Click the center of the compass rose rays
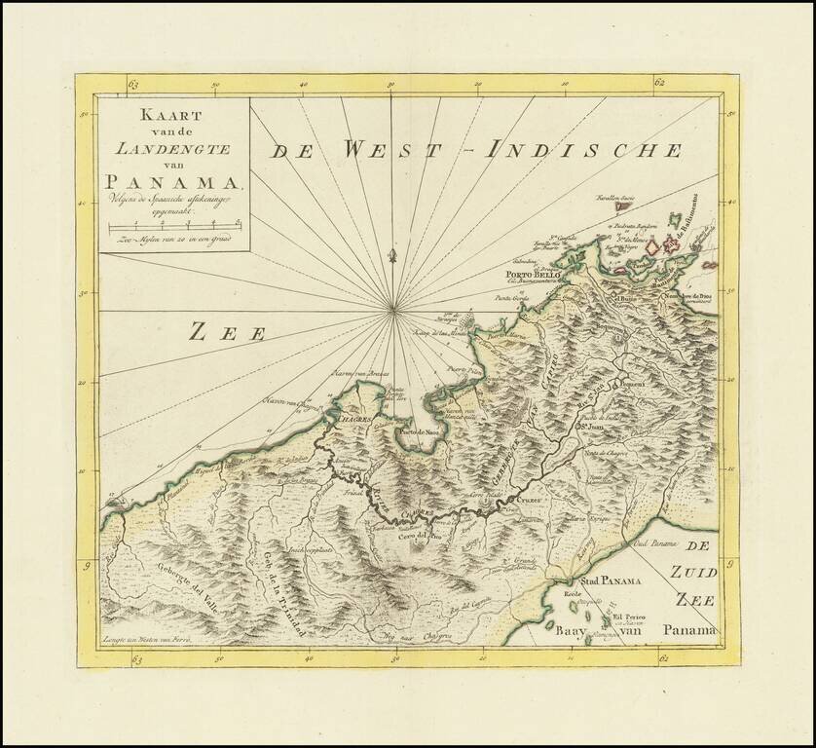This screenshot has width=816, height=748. point(393,310)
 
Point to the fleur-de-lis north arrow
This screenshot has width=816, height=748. point(392,256)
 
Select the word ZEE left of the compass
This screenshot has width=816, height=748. point(227,333)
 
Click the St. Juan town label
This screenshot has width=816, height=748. point(593,425)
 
